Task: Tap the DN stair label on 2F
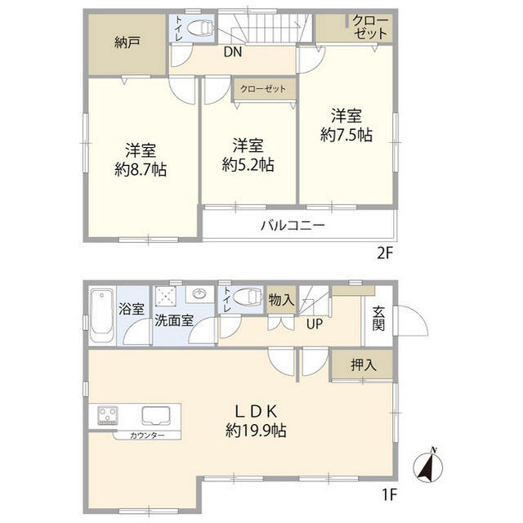click(x=230, y=53)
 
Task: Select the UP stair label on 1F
click(x=313, y=324)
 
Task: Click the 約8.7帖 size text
click(x=141, y=171)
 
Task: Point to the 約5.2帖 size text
click(x=248, y=164)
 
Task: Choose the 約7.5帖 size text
click(x=346, y=135)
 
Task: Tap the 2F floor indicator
click(x=385, y=253)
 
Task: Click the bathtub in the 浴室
click(x=102, y=316)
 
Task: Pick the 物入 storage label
click(x=281, y=300)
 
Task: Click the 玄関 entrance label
click(x=378, y=317)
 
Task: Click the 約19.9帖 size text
click(x=250, y=430)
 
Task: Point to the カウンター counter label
click(x=147, y=436)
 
